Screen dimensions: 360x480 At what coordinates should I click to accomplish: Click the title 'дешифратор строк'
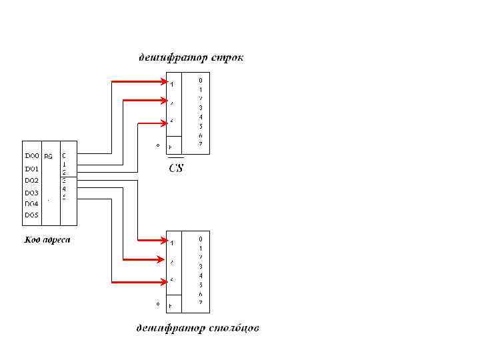click(191, 58)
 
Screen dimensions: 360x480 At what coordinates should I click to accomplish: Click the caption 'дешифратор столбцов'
click(197, 328)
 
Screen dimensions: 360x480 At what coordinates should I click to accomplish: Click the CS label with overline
click(175, 167)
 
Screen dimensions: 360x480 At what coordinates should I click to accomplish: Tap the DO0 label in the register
click(32, 156)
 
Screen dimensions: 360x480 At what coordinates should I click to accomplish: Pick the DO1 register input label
click(32, 169)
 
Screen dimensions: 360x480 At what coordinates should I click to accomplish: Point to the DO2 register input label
click(32, 181)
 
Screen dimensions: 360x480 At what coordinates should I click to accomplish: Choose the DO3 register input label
click(32, 193)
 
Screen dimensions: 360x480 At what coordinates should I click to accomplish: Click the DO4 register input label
click(32, 204)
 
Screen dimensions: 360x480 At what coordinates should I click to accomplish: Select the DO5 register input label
click(32, 215)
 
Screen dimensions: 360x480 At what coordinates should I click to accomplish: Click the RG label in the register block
click(48, 157)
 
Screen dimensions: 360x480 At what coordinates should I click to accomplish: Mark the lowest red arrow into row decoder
click(151, 123)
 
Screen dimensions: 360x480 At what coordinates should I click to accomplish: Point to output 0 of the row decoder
click(200, 80)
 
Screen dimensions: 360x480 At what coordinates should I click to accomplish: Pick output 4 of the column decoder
click(200, 275)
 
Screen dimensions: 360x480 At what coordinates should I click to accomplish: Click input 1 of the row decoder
click(172, 85)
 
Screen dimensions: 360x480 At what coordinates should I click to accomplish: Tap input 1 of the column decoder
click(172, 243)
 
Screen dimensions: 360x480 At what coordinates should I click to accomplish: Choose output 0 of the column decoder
click(200, 238)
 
